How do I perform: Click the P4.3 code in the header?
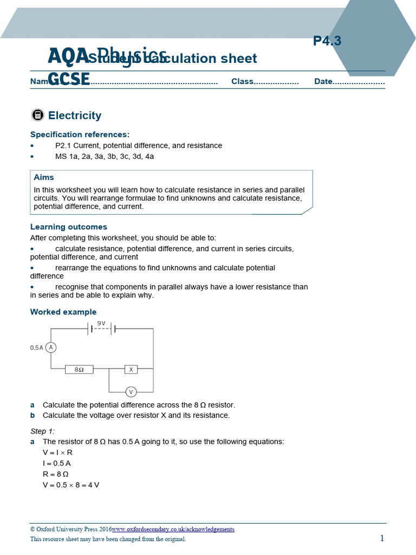(x=327, y=41)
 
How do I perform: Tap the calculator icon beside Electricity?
(x=37, y=115)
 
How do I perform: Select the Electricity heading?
(x=75, y=115)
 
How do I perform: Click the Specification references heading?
(x=80, y=134)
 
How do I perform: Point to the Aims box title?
(x=44, y=177)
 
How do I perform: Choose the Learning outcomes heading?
(x=69, y=227)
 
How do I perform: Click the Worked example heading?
(x=63, y=312)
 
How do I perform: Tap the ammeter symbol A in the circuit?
(x=51, y=347)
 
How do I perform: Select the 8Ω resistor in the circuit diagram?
(x=79, y=369)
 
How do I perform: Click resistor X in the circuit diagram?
(x=131, y=369)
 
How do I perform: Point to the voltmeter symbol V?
(x=131, y=391)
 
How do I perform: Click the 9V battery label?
(x=101, y=323)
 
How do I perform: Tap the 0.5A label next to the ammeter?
(x=36, y=348)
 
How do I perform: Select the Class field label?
(x=242, y=81)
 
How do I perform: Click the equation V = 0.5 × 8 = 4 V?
(x=71, y=485)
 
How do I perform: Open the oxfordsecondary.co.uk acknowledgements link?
(x=173, y=530)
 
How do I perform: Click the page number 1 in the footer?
(x=382, y=538)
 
